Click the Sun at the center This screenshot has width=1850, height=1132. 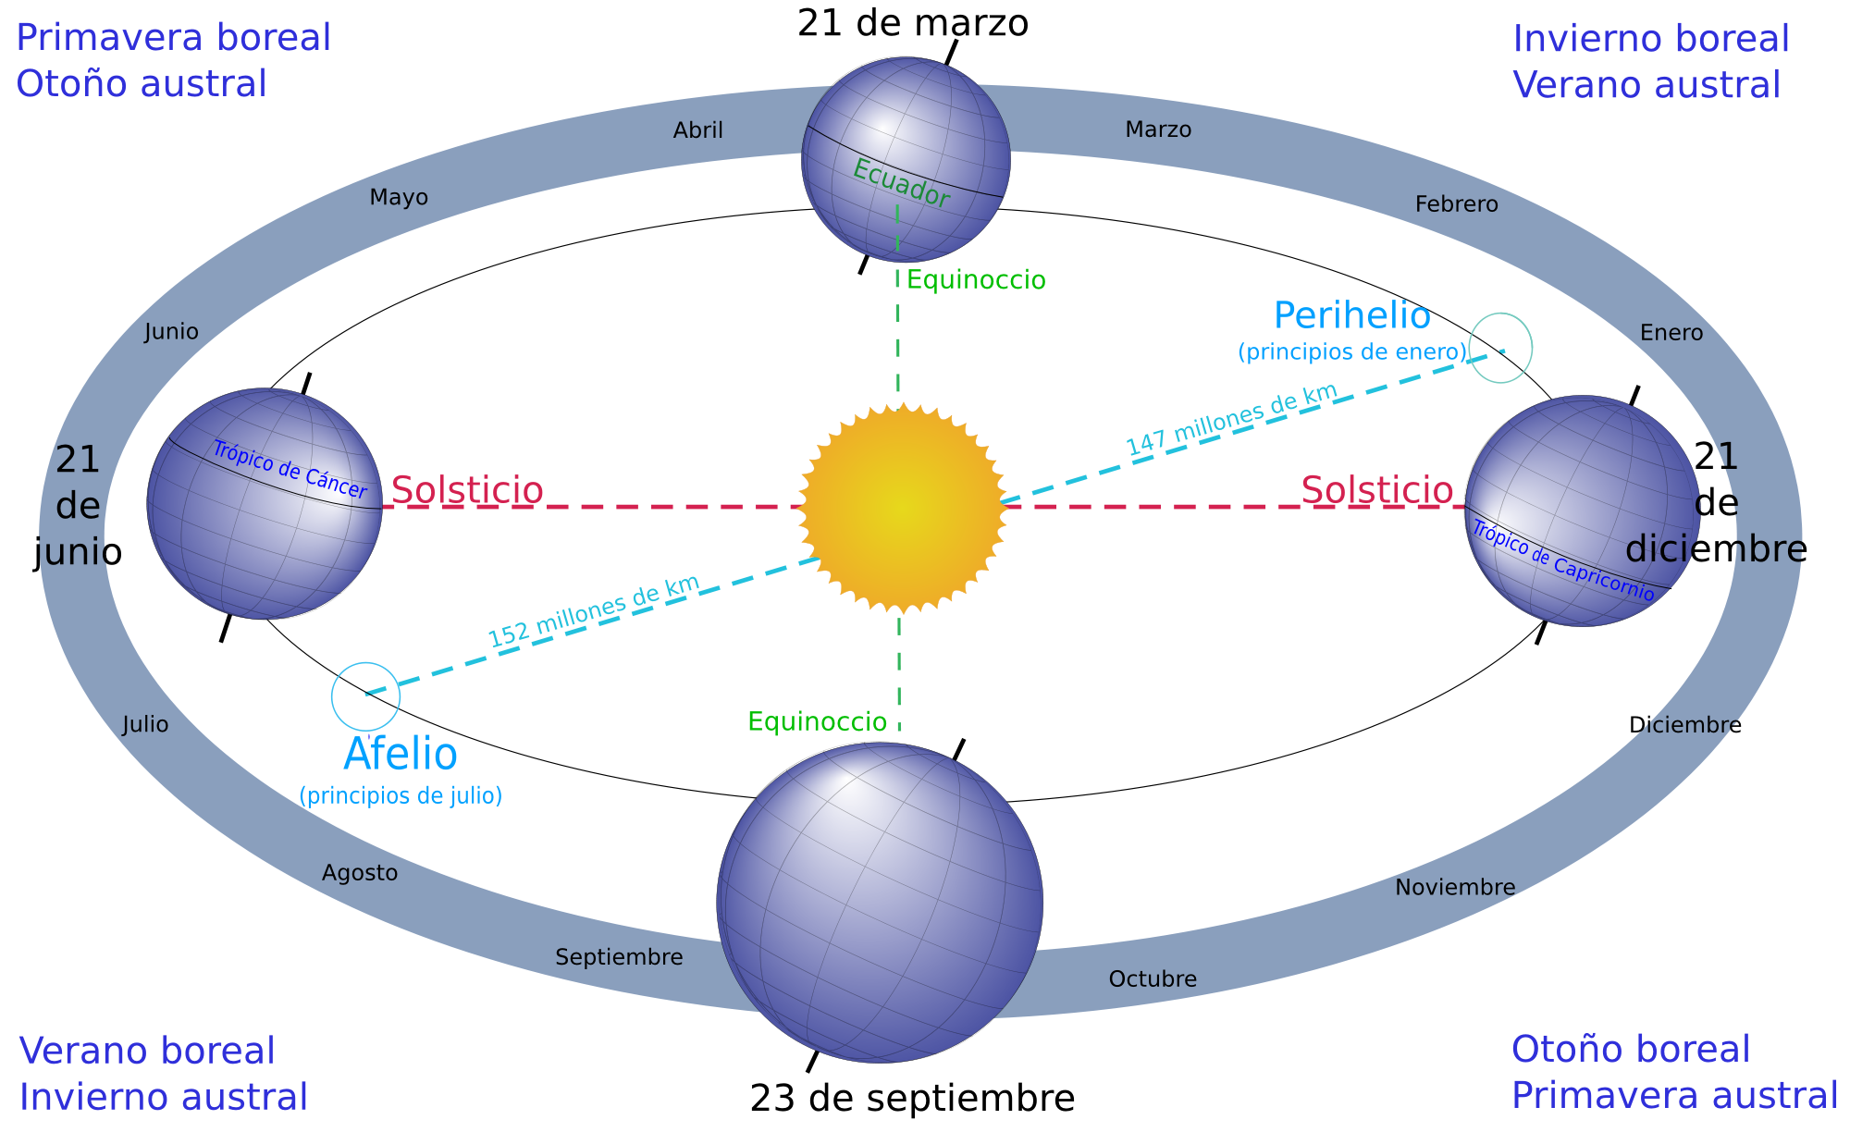click(x=902, y=507)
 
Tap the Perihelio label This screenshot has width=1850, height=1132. click(x=1351, y=316)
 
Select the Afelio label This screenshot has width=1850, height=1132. click(x=401, y=755)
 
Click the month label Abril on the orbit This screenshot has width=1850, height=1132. click(x=698, y=130)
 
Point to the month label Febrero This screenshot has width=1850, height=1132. click(x=1456, y=204)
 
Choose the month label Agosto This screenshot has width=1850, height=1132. click(x=360, y=873)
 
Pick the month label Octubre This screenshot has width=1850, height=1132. click(x=1153, y=979)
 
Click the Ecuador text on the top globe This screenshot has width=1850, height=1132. click(x=901, y=183)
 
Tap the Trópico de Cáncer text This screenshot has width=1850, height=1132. click(x=290, y=470)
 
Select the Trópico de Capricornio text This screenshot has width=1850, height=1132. click(x=1562, y=561)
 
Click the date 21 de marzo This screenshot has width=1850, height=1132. click(x=912, y=24)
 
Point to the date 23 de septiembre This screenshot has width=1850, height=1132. click(x=912, y=1099)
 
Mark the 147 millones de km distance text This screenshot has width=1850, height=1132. click(x=1232, y=419)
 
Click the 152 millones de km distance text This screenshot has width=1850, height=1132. click(x=594, y=611)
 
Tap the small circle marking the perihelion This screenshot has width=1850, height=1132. click(x=1500, y=348)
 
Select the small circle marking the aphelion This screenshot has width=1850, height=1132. click(x=366, y=696)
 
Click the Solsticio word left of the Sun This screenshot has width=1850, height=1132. click(x=467, y=490)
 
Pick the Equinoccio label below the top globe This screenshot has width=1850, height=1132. click(x=976, y=280)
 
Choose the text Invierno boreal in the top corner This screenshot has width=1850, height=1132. click(x=1651, y=40)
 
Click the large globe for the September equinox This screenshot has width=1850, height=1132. click(x=880, y=902)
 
